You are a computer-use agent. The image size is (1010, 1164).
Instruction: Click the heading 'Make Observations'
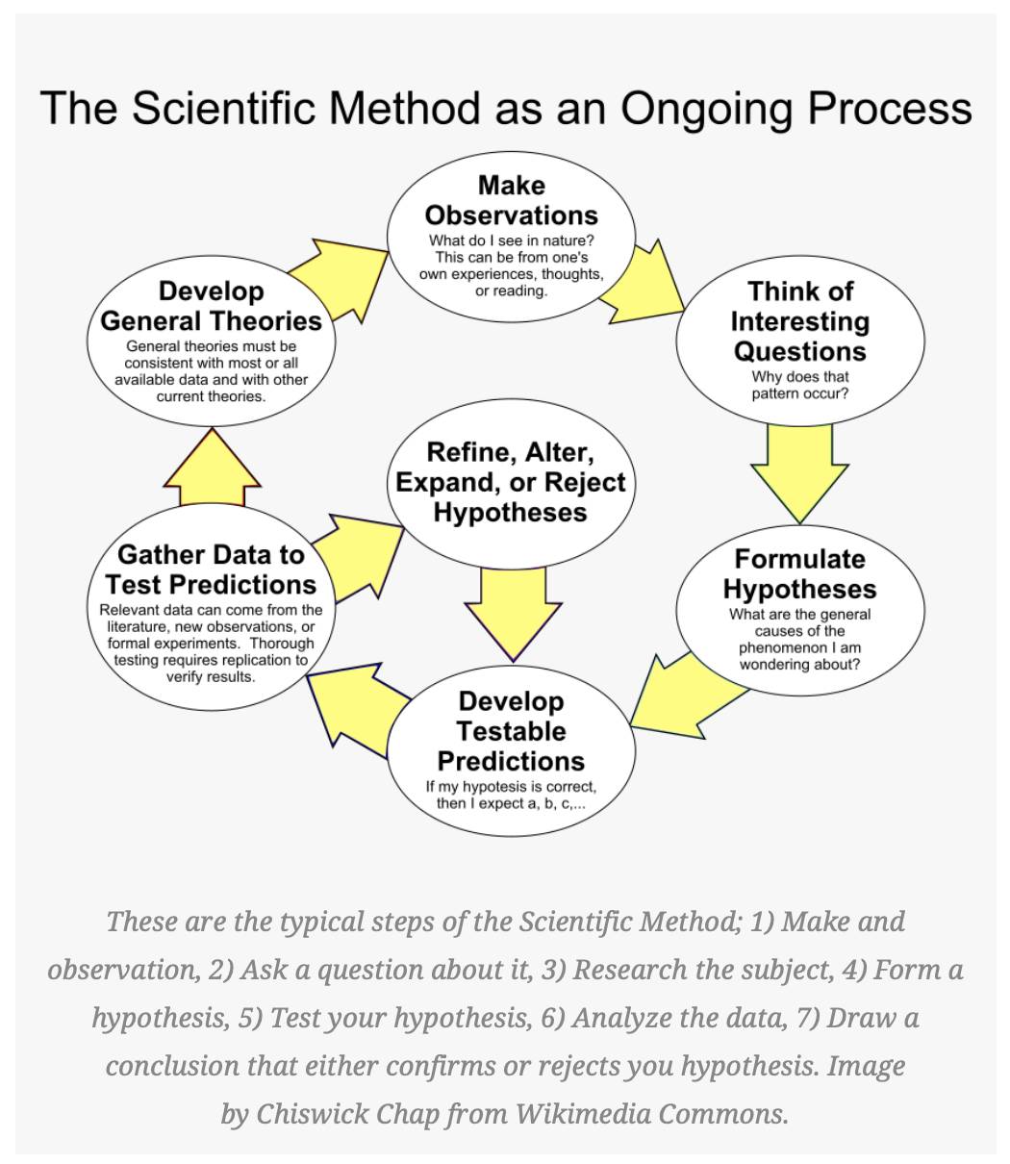point(512,200)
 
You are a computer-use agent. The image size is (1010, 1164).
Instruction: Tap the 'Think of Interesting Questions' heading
point(799,321)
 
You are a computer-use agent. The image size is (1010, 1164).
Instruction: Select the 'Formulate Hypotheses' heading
point(799,574)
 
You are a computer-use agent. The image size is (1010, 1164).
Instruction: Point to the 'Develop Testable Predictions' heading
point(512,731)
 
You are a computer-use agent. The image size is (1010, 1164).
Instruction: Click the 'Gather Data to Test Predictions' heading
point(211,569)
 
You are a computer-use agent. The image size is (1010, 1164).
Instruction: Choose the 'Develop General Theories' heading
point(211,306)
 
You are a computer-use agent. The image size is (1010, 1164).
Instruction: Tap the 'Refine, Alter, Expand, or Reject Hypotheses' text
point(511,483)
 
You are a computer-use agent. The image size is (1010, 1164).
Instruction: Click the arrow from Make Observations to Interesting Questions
point(642,282)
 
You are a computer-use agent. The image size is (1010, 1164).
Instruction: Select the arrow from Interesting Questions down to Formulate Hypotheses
point(799,474)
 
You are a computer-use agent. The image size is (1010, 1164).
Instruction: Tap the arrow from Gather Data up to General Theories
point(212,467)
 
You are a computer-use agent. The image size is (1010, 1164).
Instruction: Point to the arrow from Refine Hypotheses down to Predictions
point(513,615)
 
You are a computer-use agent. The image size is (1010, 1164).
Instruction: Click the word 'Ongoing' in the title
point(706,110)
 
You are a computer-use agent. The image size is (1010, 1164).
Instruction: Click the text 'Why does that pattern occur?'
point(799,385)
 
